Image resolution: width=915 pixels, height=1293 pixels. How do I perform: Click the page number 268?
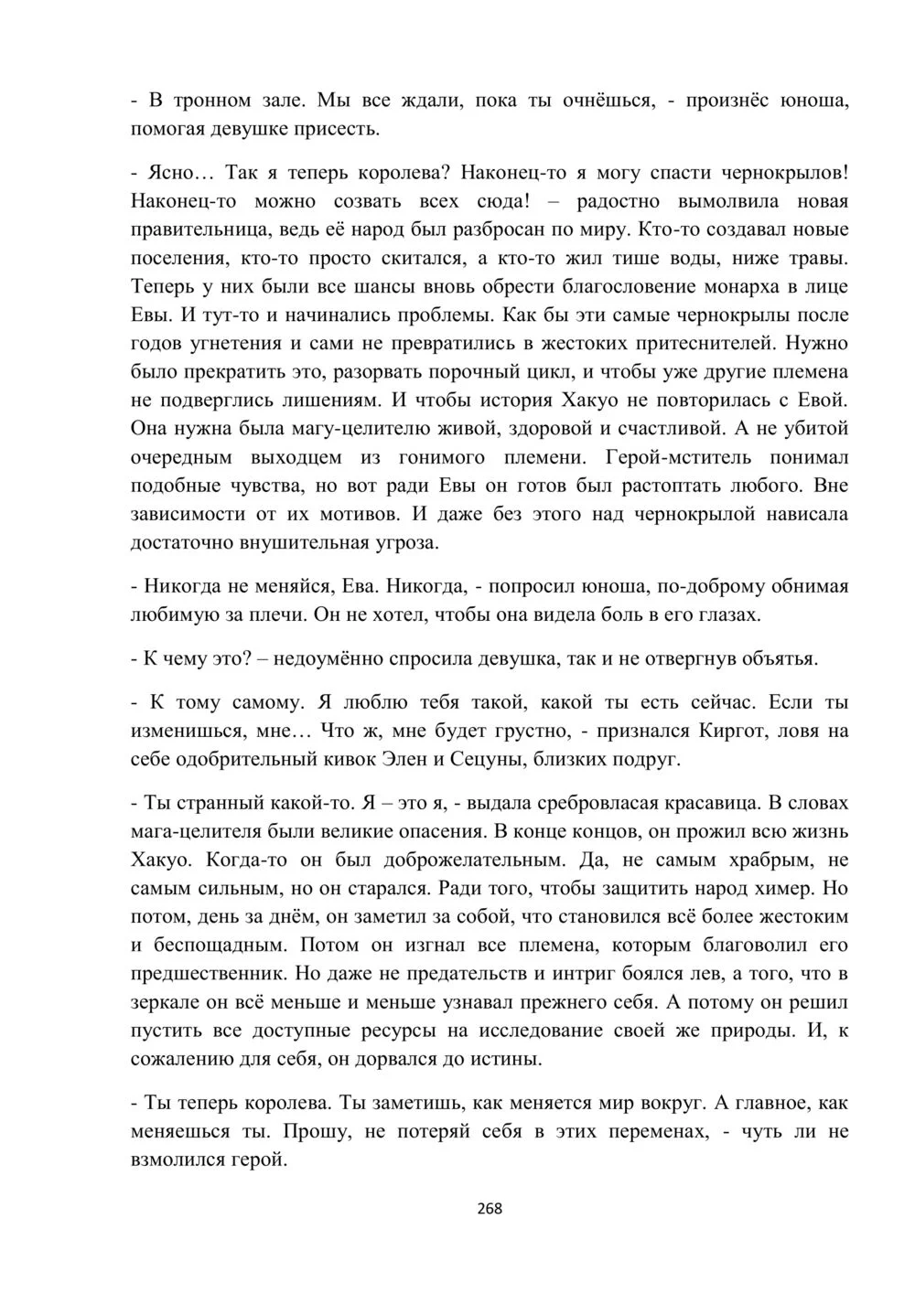pyautogui.click(x=490, y=1208)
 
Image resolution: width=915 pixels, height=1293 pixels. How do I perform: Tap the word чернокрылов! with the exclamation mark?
pyautogui.click(x=785, y=172)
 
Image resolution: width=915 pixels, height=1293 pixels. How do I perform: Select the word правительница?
pyautogui.click(x=194, y=230)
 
